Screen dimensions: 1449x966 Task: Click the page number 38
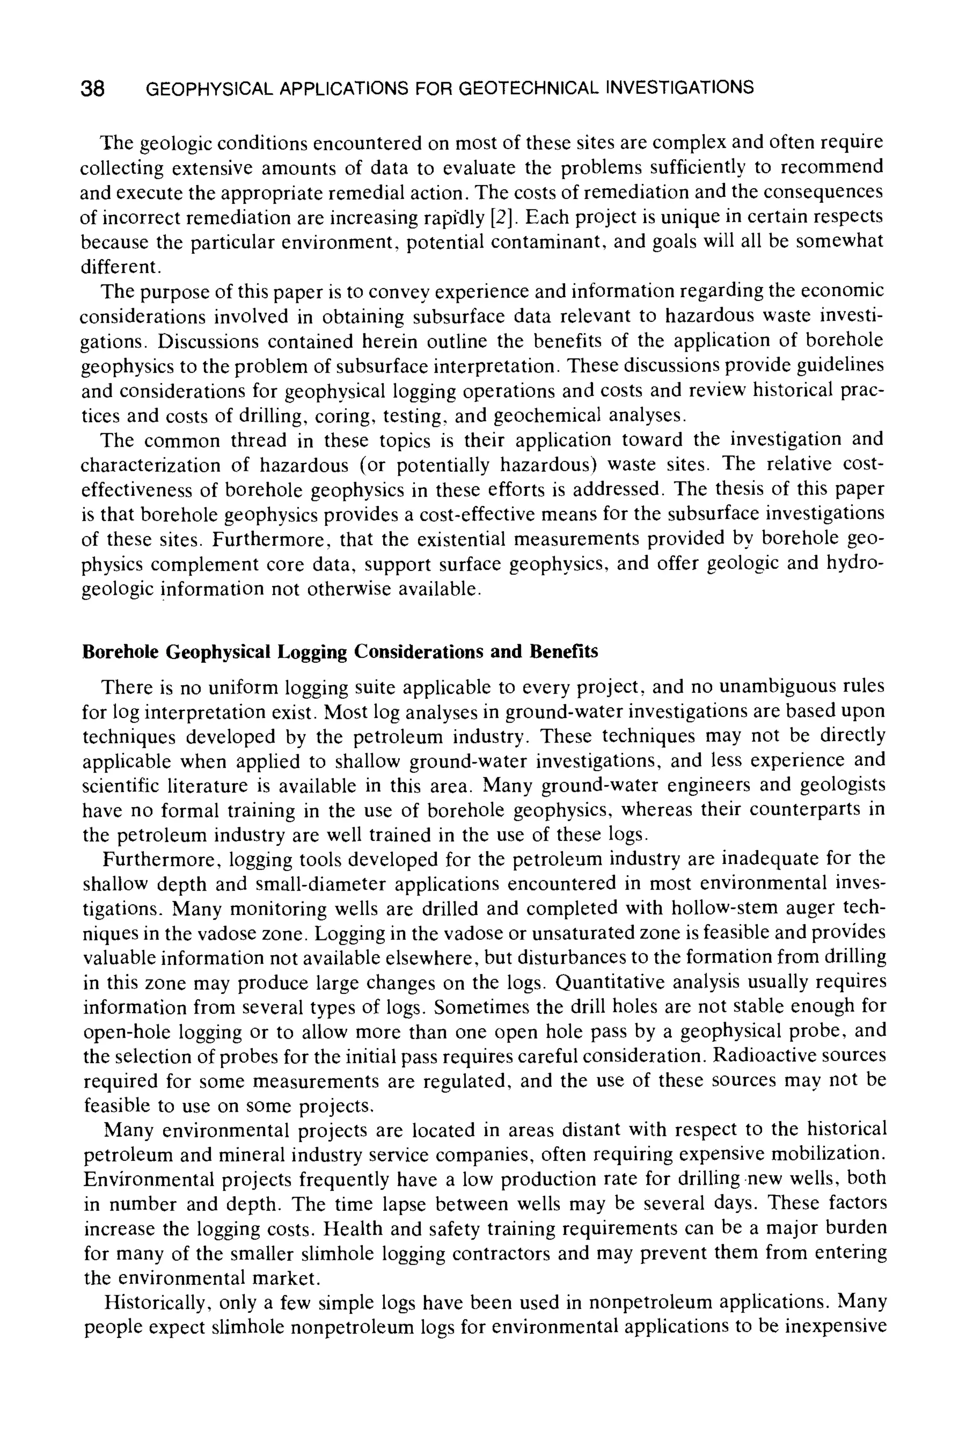click(x=92, y=89)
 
